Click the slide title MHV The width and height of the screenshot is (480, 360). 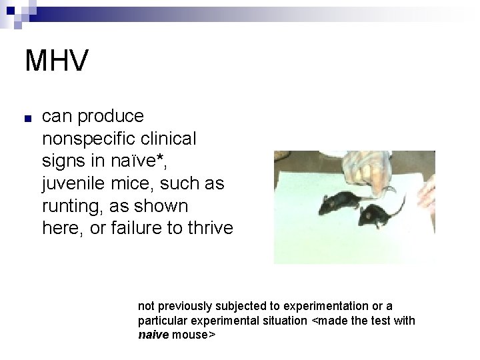point(56,61)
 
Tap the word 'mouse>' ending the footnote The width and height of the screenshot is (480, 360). point(193,335)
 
